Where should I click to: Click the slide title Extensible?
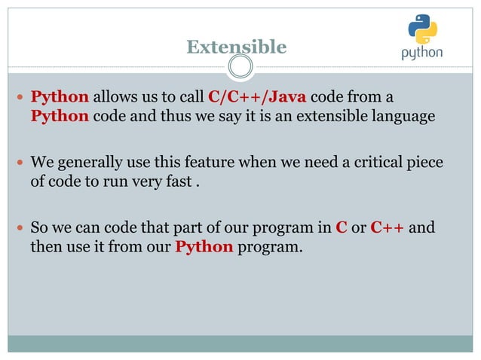(237, 47)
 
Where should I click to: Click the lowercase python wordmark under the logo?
(421, 53)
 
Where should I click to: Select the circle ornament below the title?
(240, 69)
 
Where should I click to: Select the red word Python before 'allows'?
(60, 98)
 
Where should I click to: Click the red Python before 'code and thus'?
(60, 117)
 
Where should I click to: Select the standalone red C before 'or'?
(341, 227)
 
